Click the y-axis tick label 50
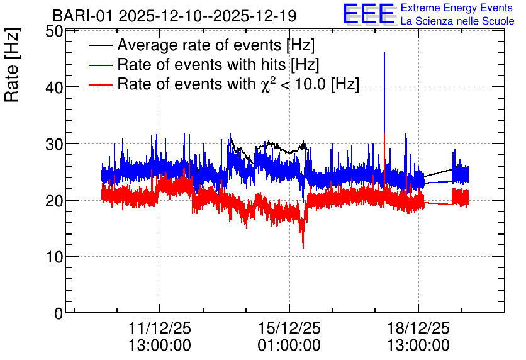click(x=54, y=31)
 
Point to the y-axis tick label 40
click(x=54, y=88)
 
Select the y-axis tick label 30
click(x=54, y=144)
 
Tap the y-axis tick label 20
click(x=54, y=201)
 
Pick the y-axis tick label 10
click(x=54, y=257)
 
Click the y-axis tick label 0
click(x=59, y=313)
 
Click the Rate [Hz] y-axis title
click(x=12, y=65)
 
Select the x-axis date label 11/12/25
click(x=160, y=328)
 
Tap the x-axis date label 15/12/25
click(x=289, y=328)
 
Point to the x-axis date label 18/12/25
click(x=418, y=328)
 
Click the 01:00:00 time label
click(x=289, y=346)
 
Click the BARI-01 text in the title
click(x=82, y=16)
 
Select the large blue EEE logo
click(x=368, y=14)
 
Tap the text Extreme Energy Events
click(x=457, y=8)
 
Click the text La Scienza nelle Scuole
click(x=457, y=21)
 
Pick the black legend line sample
click(x=100, y=45)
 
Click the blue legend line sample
click(x=100, y=65)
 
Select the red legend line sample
click(x=100, y=84)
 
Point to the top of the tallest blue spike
click(x=384, y=53)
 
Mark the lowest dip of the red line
click(x=303, y=249)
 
